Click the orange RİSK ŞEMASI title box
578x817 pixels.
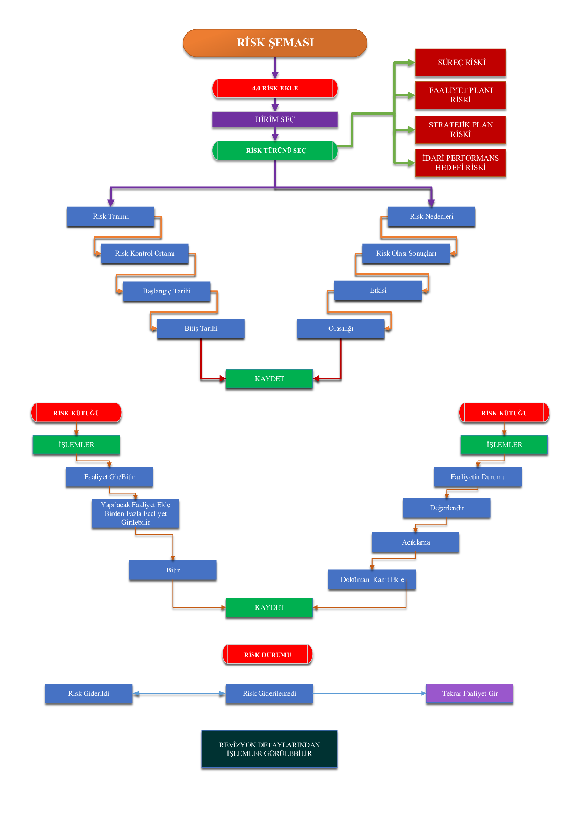pyautogui.click(x=275, y=43)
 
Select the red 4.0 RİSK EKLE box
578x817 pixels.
pyautogui.click(x=275, y=88)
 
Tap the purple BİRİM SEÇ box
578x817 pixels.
pyautogui.click(x=275, y=119)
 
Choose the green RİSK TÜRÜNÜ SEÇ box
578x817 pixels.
pyautogui.click(x=275, y=150)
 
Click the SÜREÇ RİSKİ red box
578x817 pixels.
pyautogui.click(x=460, y=62)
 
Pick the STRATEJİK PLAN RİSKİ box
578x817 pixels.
pyautogui.click(x=460, y=130)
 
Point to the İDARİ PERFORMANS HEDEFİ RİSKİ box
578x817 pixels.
pyautogui.click(x=460, y=163)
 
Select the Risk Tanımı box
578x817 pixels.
pyautogui.click(x=111, y=216)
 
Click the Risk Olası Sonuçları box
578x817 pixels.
pyautogui.click(x=406, y=253)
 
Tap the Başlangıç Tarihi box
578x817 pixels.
pyautogui.click(x=167, y=291)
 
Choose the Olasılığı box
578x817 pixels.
pyautogui.click(x=341, y=328)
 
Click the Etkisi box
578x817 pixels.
pyautogui.click(x=378, y=290)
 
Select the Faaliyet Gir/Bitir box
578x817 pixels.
pyautogui.click(x=109, y=476)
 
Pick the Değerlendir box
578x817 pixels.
pyautogui.click(x=446, y=508)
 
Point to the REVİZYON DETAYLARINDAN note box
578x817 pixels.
pyautogui.click(x=269, y=749)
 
